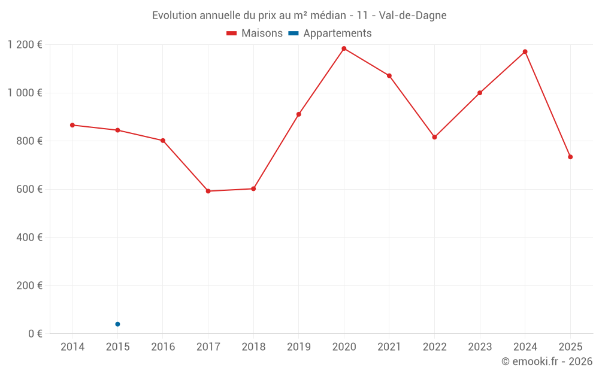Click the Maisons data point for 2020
click(x=344, y=48)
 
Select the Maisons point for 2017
click(x=208, y=191)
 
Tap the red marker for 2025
click(x=570, y=157)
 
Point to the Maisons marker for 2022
click(x=434, y=137)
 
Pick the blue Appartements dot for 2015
click(x=117, y=324)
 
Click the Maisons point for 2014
click(x=72, y=125)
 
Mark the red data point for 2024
click(x=525, y=51)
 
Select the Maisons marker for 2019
click(x=298, y=114)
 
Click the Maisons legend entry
click(x=255, y=34)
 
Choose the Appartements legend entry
click(x=330, y=34)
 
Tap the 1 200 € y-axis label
click(x=25, y=45)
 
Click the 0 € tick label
click(x=35, y=333)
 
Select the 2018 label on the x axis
click(x=253, y=347)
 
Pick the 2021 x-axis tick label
click(x=389, y=347)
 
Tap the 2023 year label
click(x=479, y=347)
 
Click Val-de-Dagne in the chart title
click(x=413, y=16)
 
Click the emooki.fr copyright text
click(x=547, y=361)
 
